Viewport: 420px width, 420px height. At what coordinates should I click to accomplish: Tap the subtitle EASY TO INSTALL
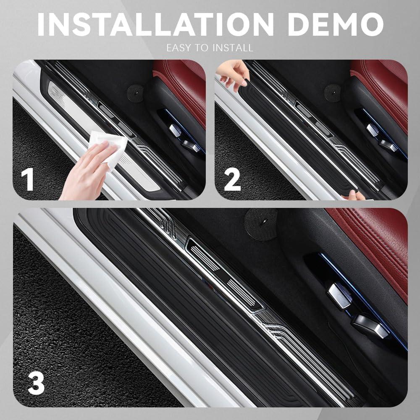[x=210, y=48]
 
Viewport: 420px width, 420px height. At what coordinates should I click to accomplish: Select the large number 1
[x=28, y=179]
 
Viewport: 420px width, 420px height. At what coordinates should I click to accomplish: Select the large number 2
[x=232, y=179]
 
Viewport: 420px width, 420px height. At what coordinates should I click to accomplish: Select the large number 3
[x=36, y=383]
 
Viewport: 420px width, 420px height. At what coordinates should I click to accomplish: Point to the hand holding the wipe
[x=86, y=172]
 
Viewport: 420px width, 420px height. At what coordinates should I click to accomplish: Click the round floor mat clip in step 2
[x=332, y=91]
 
